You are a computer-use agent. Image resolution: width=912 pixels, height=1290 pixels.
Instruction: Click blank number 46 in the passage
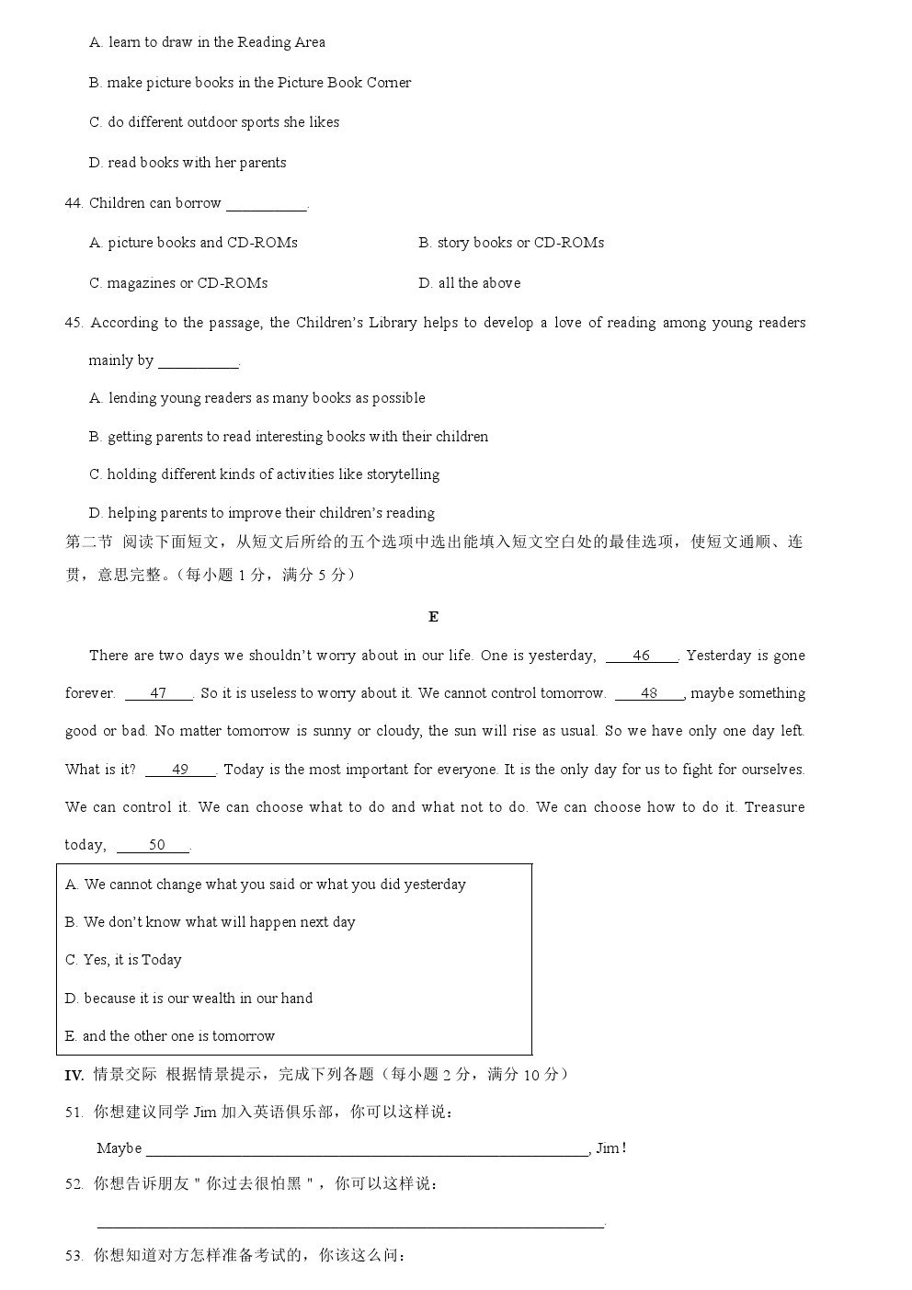tap(641, 656)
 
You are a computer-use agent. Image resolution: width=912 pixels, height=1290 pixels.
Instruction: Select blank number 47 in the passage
tap(158, 693)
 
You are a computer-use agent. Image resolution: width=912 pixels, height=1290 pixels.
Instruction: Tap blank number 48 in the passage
tap(649, 693)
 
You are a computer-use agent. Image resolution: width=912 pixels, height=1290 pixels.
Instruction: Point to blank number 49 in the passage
tap(179, 770)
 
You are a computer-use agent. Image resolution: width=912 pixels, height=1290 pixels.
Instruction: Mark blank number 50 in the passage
tap(156, 845)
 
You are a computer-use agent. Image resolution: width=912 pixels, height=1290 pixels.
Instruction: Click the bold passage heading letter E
tap(433, 617)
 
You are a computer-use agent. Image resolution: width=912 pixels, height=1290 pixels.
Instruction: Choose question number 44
tap(74, 203)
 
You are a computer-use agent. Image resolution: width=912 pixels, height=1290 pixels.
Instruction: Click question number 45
tap(74, 323)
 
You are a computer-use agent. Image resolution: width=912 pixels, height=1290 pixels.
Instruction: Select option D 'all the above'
tap(470, 283)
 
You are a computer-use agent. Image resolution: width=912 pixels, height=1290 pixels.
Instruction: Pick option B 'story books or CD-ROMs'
tap(511, 243)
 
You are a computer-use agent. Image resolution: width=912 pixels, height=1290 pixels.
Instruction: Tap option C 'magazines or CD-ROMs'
tap(178, 283)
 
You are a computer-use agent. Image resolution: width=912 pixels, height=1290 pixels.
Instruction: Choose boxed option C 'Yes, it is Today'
tap(124, 960)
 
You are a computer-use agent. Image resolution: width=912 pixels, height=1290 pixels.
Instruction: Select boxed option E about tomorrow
tap(170, 1036)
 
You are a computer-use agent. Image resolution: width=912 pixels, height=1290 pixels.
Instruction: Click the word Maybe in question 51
tap(119, 1148)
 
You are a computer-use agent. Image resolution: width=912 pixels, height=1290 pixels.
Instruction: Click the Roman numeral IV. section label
tap(74, 1075)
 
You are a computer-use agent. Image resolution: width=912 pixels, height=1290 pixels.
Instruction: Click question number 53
tap(74, 1256)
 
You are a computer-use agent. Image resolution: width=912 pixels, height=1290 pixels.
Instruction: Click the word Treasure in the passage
tap(774, 807)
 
